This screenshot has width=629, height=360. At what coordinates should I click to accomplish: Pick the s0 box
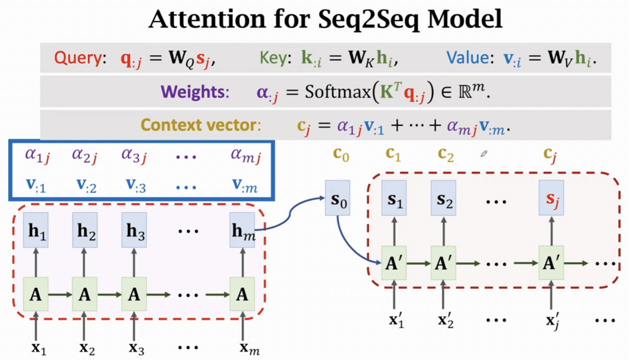(x=337, y=197)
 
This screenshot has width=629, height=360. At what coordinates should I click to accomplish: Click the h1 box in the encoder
(x=36, y=230)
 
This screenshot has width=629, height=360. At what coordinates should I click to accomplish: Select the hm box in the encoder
(x=242, y=230)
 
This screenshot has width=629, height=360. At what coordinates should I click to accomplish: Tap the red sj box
(x=551, y=197)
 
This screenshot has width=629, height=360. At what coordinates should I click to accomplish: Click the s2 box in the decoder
(x=443, y=197)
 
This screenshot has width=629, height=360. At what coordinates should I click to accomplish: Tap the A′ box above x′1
(x=394, y=264)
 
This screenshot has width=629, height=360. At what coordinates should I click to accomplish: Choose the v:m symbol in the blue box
(x=245, y=185)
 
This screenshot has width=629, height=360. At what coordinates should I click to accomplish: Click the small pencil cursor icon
(x=484, y=154)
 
